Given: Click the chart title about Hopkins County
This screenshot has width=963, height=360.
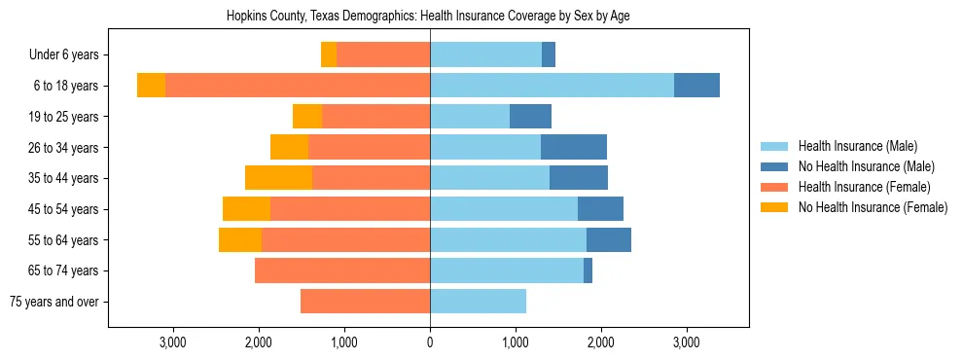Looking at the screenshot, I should [428, 17].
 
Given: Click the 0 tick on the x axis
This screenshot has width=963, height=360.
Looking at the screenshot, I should [430, 342].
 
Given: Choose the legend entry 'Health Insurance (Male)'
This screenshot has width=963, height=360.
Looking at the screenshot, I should [857, 146].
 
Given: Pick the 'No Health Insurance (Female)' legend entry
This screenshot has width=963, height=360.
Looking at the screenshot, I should [872, 207].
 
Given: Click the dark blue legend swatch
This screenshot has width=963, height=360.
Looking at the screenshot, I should [774, 166].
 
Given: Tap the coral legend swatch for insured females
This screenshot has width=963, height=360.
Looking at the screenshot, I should [774, 187].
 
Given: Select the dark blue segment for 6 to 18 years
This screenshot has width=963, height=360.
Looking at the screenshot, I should [696, 86].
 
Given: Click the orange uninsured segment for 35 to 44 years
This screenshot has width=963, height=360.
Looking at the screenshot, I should [278, 178].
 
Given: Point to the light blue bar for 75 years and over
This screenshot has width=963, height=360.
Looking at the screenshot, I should [478, 302].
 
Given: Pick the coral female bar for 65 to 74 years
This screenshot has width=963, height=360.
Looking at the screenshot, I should [342, 270].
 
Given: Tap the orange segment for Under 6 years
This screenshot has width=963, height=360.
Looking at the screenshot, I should [329, 55].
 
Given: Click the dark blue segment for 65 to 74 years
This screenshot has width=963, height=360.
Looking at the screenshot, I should [588, 270].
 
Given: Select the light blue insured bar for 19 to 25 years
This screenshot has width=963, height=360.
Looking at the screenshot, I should [470, 117].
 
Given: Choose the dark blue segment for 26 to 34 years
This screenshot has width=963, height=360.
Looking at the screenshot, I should [574, 147].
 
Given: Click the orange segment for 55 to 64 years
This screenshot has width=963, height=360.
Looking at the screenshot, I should [240, 239].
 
